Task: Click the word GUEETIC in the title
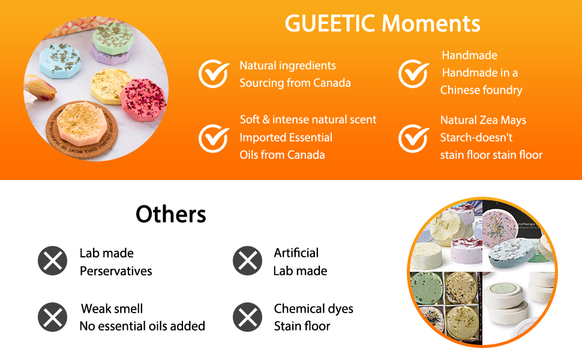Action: tap(330, 23)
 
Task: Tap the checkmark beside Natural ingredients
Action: tap(214, 73)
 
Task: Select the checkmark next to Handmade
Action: tap(413, 73)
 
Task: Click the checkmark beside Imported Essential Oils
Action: tap(214, 139)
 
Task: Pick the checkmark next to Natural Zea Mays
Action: tap(413, 139)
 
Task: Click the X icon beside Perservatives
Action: tap(53, 260)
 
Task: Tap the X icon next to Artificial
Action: tap(248, 260)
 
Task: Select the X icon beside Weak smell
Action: tap(53, 317)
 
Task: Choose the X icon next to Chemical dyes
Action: tap(248, 317)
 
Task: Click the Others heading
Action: tap(171, 214)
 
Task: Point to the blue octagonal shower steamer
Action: tap(60, 61)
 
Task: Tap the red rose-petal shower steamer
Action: tap(143, 100)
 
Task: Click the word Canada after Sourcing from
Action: tap(332, 83)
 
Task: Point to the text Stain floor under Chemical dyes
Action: tap(302, 326)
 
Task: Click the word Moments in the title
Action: tap(431, 23)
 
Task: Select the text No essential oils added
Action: tap(143, 326)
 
